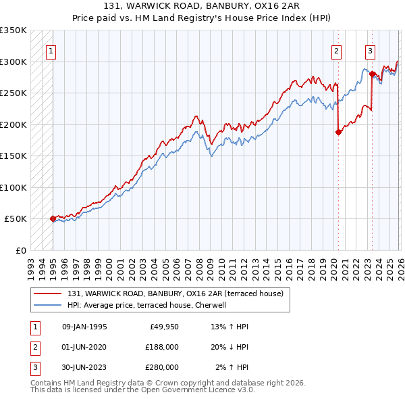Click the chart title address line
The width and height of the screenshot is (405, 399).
[x=202, y=7]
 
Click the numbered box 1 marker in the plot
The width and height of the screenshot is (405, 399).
[x=51, y=49]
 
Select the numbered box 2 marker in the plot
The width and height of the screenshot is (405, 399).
[x=336, y=49]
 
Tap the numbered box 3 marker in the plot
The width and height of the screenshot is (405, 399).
[x=371, y=49]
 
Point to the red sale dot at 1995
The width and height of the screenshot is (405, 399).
[x=53, y=218]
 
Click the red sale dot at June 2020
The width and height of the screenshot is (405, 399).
[x=338, y=133]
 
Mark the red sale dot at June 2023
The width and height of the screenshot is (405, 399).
[x=372, y=74]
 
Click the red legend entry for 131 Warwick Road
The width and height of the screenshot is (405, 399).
[x=175, y=294]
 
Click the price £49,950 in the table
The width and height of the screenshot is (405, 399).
[x=162, y=327]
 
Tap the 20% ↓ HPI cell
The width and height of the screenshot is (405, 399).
[x=230, y=346]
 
